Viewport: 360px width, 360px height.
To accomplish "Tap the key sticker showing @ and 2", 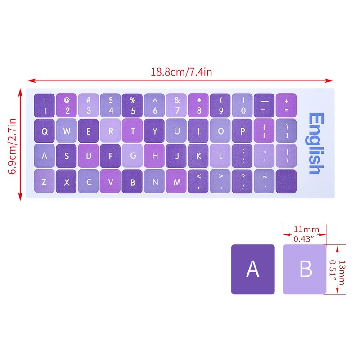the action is click(67, 104).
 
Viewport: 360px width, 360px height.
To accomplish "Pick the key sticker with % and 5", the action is click(132, 104).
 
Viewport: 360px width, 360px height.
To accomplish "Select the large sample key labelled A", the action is click(253, 269).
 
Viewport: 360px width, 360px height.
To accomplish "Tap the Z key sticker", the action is click(44, 182).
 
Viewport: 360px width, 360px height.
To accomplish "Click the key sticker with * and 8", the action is click(198, 104).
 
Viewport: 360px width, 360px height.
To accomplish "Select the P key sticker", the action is click(243, 130).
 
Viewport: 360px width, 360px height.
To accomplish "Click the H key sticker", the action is click(154, 156).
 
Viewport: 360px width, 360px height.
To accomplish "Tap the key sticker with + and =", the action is click(286, 104).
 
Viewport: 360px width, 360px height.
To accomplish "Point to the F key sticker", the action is click(110, 156).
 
